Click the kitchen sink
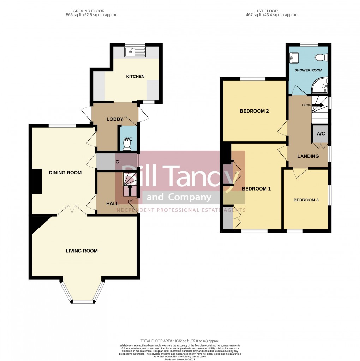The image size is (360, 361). (x=134, y=52)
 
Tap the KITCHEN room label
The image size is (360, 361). (x=135, y=77)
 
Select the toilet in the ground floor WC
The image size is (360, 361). (x=127, y=144)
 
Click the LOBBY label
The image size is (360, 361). (x=115, y=119)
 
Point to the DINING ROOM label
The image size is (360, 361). (x=65, y=173)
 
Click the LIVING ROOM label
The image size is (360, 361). (x=82, y=251)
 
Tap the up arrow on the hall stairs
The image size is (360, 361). (x=130, y=190)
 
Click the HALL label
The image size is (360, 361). (x=113, y=204)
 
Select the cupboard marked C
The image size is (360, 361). (x=117, y=162)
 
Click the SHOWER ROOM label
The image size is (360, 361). (x=308, y=70)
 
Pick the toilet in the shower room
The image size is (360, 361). (x=322, y=57)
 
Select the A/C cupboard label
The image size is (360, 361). (x=321, y=134)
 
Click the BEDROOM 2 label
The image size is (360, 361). (x=254, y=111)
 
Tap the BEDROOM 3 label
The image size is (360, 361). (x=306, y=200)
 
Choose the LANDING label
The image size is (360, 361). (x=308, y=156)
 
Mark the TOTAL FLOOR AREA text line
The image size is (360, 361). (x=180, y=341)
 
